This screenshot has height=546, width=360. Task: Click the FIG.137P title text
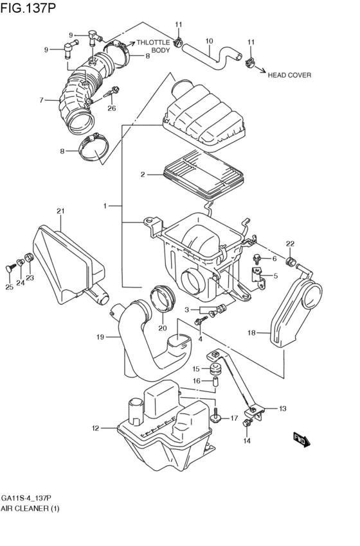28,8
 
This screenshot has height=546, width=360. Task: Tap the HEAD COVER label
289,75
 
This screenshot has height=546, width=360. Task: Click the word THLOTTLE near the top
153,42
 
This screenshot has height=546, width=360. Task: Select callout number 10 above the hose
209,41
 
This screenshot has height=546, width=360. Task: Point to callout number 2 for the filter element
143,175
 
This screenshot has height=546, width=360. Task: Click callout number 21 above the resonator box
60,211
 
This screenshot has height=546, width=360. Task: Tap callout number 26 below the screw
111,108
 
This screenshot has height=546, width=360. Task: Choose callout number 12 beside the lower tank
96,429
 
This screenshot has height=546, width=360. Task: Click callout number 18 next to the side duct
251,333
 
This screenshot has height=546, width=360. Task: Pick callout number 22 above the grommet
290,244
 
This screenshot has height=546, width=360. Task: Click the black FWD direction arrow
301,440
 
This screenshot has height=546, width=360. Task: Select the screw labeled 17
216,414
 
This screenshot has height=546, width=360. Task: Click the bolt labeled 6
256,259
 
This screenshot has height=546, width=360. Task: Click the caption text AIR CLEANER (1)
30,508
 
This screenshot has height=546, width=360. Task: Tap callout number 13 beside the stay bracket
283,409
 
